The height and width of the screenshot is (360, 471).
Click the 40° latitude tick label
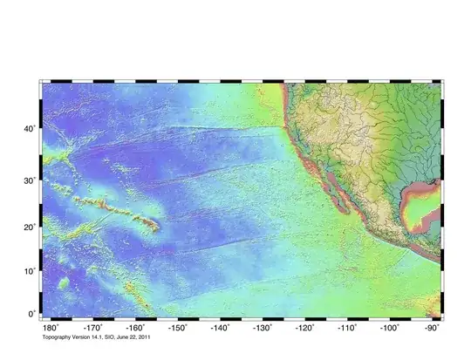coord(29,129)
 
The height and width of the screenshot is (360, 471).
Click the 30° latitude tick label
coord(29,180)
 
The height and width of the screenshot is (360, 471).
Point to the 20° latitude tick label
coord(29,227)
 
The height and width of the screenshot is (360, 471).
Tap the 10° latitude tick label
coord(29,271)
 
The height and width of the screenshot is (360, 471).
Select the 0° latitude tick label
coord(31,314)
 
